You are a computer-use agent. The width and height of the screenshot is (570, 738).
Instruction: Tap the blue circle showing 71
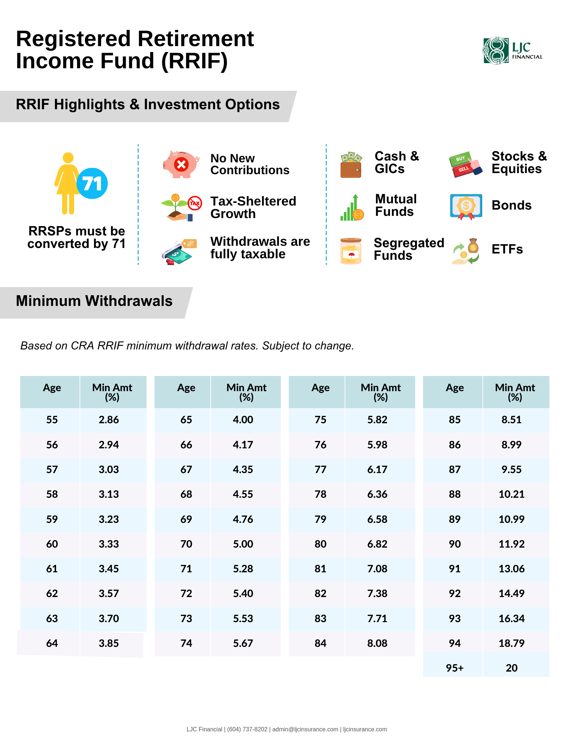(92, 183)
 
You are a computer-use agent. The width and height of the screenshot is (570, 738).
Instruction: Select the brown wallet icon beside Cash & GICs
(351, 165)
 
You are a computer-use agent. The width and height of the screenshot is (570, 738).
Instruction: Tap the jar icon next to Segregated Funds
(351, 251)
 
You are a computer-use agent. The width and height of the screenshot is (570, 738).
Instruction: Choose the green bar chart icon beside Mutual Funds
(352, 207)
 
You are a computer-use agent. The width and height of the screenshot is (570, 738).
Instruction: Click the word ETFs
(507, 249)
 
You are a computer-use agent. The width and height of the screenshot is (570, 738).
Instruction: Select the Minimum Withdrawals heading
(94, 301)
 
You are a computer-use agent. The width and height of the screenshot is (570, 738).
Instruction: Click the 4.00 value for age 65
(243, 420)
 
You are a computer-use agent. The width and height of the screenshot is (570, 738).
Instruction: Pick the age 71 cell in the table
(186, 569)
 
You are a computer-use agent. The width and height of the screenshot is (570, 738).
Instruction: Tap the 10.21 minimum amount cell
(512, 494)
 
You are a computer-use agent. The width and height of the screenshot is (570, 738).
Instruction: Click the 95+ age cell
(455, 668)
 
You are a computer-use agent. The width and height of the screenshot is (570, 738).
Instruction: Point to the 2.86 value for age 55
(109, 420)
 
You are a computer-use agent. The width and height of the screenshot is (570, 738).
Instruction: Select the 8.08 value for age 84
(377, 644)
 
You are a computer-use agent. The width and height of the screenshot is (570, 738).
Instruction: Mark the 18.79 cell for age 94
(512, 644)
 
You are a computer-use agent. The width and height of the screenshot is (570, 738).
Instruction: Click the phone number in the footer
(247, 730)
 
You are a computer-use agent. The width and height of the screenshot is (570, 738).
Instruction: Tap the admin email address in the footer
(305, 730)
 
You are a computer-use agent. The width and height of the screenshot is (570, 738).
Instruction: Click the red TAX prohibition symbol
(195, 203)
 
